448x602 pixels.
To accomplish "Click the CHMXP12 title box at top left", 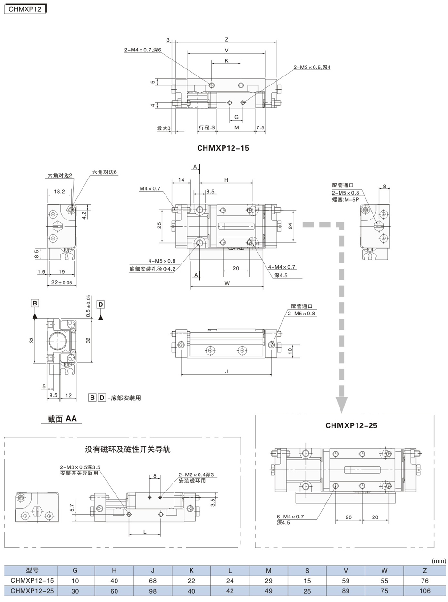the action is click(x=25, y=9).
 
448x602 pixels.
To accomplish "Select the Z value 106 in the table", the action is click(x=424, y=591).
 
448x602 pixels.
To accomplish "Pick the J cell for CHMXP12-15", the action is click(x=153, y=581).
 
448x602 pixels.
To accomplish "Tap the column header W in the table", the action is click(x=384, y=570).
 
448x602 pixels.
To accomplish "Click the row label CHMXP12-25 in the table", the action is click(x=32, y=591).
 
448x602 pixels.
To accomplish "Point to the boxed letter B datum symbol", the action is click(x=35, y=303).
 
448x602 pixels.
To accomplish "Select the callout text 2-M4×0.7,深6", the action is click(x=142, y=50).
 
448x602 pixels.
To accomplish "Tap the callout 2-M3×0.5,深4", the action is click(x=312, y=67).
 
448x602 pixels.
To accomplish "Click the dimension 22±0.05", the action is click(x=62, y=282).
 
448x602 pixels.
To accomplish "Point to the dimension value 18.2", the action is click(x=59, y=191).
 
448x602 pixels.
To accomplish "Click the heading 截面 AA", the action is click(x=62, y=419).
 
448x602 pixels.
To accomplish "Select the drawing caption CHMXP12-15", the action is click(x=223, y=148).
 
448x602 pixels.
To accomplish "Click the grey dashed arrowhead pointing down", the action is click(x=341, y=405).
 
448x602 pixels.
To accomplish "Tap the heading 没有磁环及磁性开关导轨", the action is click(x=127, y=449).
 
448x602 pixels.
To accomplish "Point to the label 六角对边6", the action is click(x=104, y=172).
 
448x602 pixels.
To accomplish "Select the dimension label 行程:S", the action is click(x=207, y=127).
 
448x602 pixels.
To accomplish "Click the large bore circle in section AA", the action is click(x=57, y=340).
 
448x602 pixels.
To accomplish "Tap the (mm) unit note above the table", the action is click(x=439, y=560).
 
